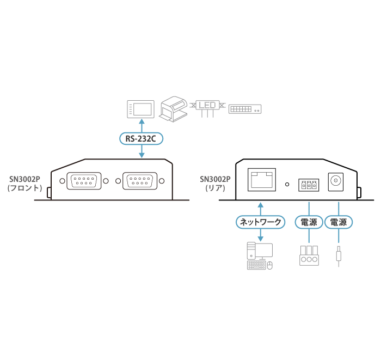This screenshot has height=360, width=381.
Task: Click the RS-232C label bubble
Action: pos(141,139)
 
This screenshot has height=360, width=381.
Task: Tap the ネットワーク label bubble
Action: pos(261,222)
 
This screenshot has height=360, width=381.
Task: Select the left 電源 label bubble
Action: pos(309,222)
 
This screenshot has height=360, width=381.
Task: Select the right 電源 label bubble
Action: pos(339,222)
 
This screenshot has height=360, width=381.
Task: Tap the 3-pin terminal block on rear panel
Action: pos(309,185)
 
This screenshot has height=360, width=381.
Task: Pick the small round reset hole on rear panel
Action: pos(287,184)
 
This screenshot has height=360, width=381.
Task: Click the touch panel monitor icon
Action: pos(140,108)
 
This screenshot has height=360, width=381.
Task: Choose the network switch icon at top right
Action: pos(245,109)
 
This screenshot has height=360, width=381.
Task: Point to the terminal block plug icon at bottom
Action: pos(309,257)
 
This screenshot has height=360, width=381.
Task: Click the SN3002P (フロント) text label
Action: pos(25,183)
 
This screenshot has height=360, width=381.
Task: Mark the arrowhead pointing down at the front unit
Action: pos(142,156)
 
